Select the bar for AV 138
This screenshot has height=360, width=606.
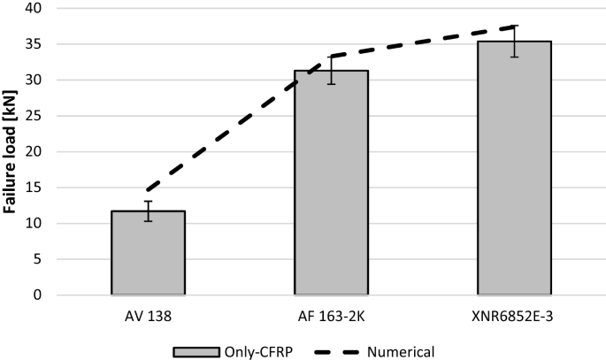(x=148, y=252)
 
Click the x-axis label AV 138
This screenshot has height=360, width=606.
(x=148, y=313)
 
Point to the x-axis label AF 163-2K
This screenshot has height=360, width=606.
(x=331, y=313)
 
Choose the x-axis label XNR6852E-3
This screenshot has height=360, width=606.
(x=514, y=313)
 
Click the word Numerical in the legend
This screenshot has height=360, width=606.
(x=400, y=351)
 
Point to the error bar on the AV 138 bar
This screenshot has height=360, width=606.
(x=148, y=211)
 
